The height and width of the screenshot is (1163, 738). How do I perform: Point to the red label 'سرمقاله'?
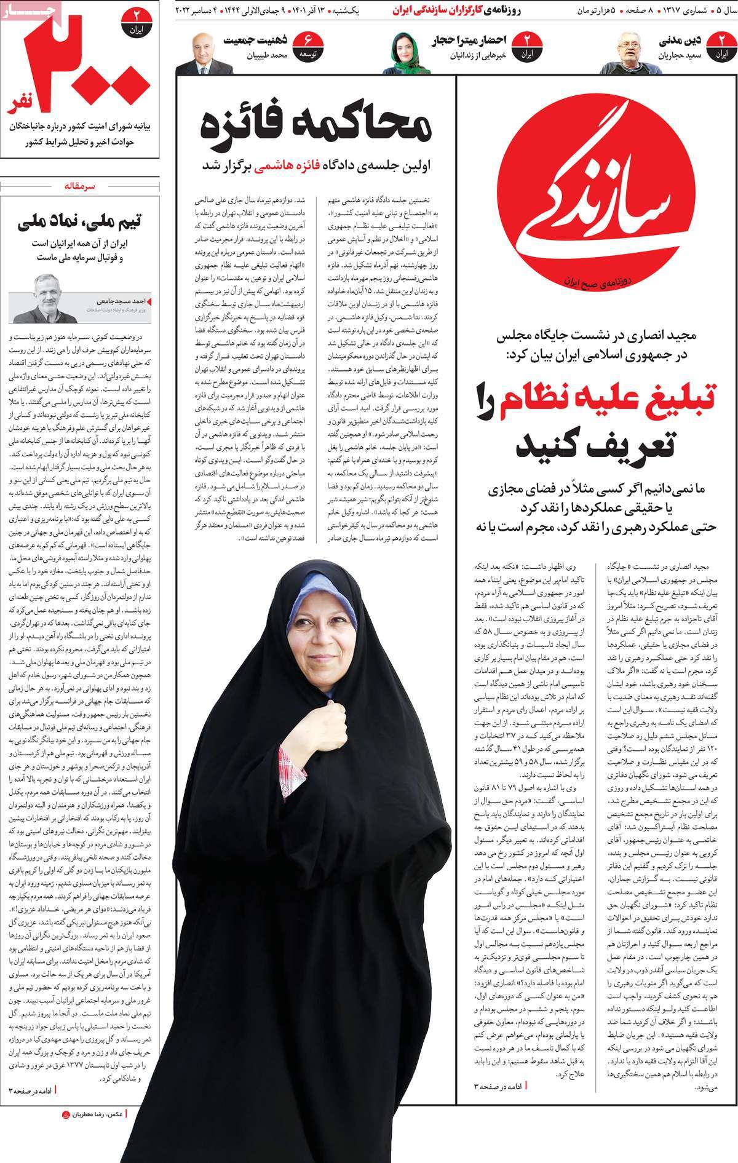(x=81, y=186)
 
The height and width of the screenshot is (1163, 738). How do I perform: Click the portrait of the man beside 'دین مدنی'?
(x=637, y=52)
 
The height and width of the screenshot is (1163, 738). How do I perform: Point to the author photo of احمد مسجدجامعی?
(x=45, y=298)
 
